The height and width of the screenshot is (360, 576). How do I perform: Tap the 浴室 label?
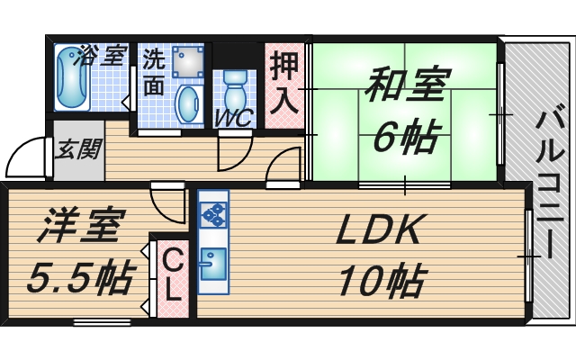(102, 56)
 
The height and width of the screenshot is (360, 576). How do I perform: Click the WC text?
(233, 117)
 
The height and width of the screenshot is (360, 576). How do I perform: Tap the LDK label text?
(378, 232)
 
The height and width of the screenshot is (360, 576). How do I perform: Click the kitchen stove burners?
(214, 214)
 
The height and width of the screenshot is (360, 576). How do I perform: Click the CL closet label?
(173, 274)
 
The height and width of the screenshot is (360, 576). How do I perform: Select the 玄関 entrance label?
(78, 149)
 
